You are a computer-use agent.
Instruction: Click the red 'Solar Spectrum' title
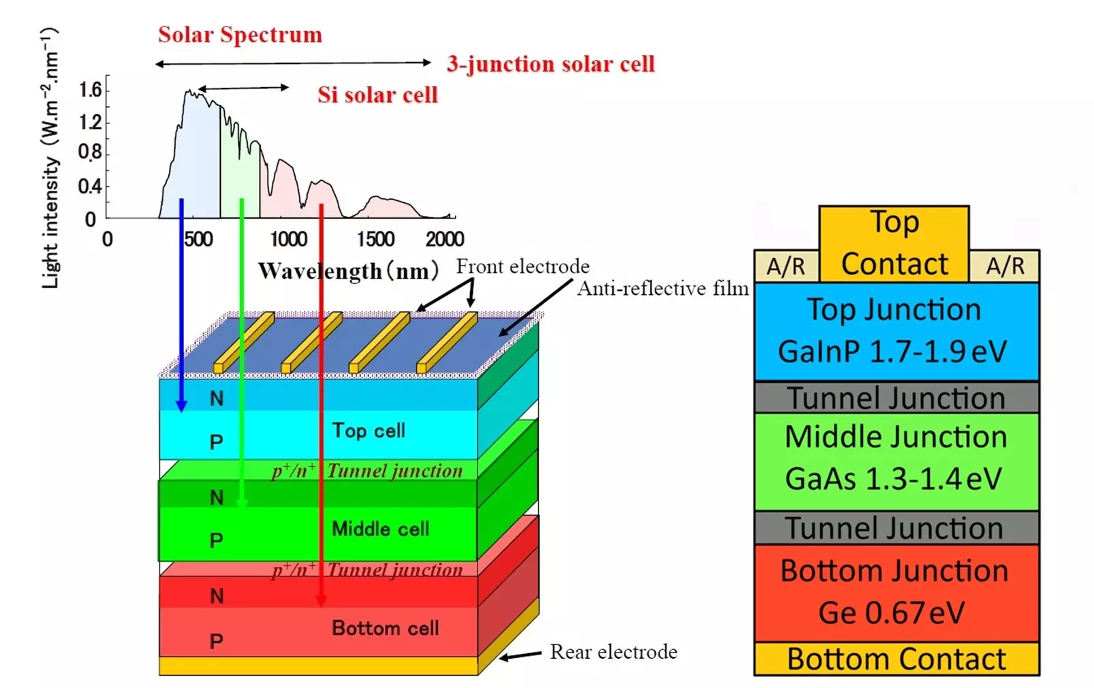pos(240,35)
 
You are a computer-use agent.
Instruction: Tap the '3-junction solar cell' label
pos(550,64)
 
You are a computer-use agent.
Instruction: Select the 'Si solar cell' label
pos(377,95)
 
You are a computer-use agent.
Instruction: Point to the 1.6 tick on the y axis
pos(91,90)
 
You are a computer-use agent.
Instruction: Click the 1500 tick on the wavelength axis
pos(375,239)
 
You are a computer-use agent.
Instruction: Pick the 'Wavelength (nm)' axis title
pos(349,271)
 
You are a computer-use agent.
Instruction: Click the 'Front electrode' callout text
pos(522,266)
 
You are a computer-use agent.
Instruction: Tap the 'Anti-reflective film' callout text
pos(663,289)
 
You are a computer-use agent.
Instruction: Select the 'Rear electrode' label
pos(614,652)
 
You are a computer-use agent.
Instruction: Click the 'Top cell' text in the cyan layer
pos(369,431)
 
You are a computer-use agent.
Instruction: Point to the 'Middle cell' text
pos(381,529)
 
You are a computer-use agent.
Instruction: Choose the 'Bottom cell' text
pos(386,628)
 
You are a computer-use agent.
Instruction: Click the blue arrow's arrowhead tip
pos(181,411)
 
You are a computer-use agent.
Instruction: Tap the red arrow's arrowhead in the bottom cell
pos(320,606)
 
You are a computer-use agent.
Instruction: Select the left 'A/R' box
pos(786,266)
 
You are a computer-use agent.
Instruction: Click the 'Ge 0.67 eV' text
pos(891,613)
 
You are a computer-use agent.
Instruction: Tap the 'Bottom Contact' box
pos(896,659)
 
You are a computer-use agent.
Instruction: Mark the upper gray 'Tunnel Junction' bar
pos(896,397)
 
